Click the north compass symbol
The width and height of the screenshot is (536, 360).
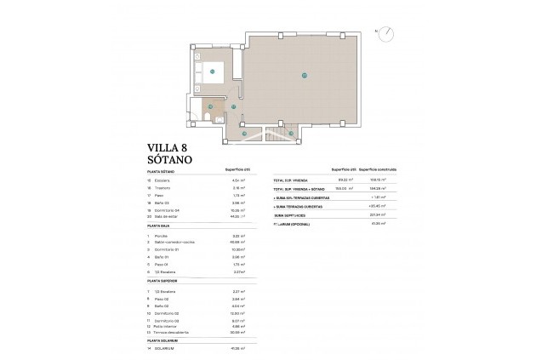385,33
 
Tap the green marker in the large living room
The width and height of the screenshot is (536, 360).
304,76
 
